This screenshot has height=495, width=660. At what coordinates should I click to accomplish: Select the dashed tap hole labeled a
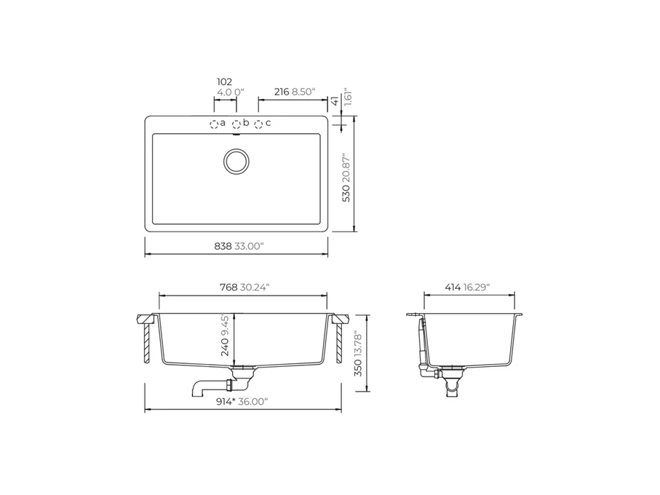click(214, 124)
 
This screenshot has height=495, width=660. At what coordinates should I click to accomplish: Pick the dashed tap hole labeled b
click(236, 124)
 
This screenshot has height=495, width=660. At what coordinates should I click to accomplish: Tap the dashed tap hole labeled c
click(258, 124)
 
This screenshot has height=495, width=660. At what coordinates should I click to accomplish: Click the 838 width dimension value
click(223, 246)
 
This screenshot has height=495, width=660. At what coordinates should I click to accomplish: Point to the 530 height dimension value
click(346, 193)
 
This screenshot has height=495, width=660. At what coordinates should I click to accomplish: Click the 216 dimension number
click(282, 92)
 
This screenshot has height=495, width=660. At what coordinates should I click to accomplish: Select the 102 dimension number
click(224, 82)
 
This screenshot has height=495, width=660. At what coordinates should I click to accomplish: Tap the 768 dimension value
click(228, 287)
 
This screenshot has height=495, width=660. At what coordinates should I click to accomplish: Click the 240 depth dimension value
click(225, 347)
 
